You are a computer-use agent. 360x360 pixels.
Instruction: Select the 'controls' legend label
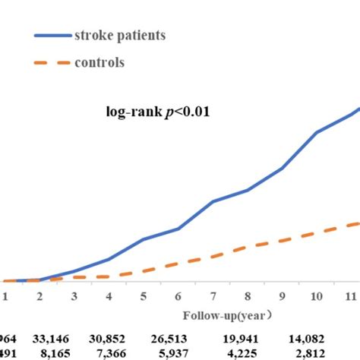point(99,62)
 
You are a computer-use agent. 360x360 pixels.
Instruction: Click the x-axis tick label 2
point(39,295)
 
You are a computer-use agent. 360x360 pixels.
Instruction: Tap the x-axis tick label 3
point(74,295)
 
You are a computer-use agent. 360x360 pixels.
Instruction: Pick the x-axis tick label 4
point(109,295)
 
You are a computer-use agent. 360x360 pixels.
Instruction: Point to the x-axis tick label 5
point(144,295)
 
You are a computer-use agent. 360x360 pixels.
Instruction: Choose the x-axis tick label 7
point(213,295)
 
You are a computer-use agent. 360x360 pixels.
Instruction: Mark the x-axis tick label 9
point(282,295)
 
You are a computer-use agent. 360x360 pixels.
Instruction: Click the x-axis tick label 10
point(317,295)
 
